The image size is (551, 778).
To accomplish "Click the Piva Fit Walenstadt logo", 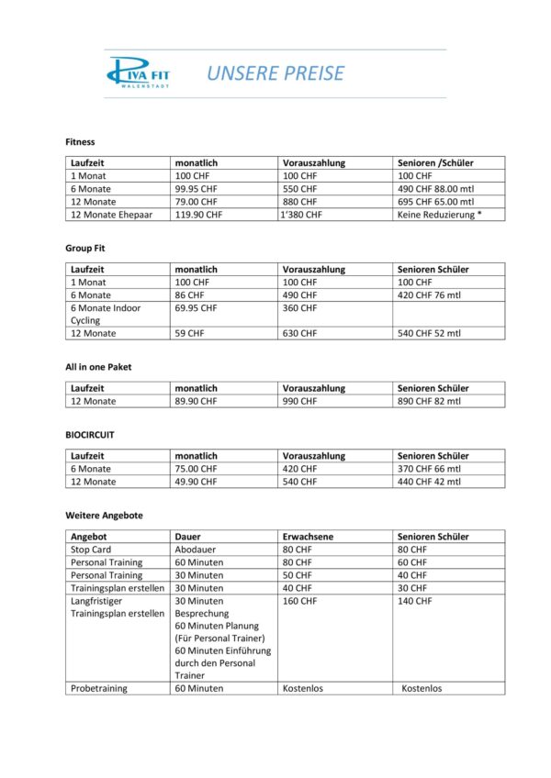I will coord(138,72).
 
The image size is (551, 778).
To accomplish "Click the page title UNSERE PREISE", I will coord(275,73).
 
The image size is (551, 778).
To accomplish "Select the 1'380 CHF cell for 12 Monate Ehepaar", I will coord(301,215).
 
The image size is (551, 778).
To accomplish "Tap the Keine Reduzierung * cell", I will coord(440,215).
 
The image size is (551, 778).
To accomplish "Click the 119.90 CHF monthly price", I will coord(198,215).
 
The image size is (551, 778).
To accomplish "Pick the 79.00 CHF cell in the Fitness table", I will coord(196,202).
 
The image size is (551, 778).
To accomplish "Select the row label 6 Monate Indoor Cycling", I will coord(105,315).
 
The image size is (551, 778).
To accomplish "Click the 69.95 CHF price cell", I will coord(196,308).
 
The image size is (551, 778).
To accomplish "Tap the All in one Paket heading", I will coord(98,367).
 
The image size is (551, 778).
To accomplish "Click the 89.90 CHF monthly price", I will coord(196,401).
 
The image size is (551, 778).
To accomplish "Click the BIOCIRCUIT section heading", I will coord(89,435).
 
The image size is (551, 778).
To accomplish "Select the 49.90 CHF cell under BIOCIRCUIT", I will coord(196,481).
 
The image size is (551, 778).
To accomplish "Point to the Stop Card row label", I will coord(91,549).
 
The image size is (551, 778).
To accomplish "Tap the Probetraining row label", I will coord(99,688).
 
